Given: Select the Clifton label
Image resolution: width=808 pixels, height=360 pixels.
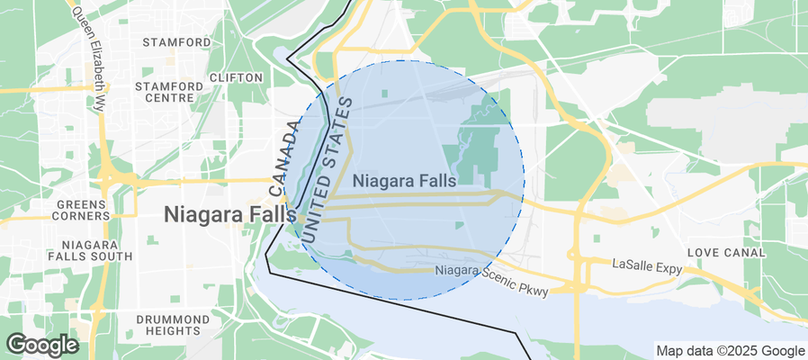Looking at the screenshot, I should pos(236,77).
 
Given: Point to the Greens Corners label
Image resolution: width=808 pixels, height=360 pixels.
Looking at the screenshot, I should pos(83,210).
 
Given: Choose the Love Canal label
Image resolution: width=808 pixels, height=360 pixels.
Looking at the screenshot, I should pos(726,253).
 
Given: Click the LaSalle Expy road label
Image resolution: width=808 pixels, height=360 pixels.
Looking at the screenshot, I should pos(647,267).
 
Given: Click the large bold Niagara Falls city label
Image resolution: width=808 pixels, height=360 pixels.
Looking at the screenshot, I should pos(229,215).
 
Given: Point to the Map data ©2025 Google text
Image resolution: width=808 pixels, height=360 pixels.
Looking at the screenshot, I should pos(730,351).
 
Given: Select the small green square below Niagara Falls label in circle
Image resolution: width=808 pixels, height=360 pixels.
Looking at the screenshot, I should pos(459,225).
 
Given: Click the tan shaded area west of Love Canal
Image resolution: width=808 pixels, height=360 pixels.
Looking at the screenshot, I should pos(613,212).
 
